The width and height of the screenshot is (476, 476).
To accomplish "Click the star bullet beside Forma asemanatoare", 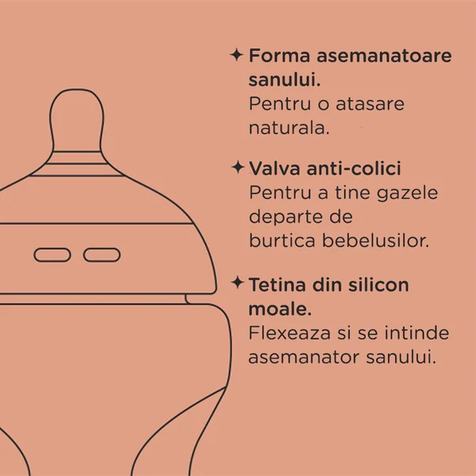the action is tap(236, 56).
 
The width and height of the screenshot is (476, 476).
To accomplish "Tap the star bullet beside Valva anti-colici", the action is tap(238, 167).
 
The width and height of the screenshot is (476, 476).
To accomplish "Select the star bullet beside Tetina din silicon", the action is tap(238, 282).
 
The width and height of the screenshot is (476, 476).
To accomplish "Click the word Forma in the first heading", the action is tap(279, 56).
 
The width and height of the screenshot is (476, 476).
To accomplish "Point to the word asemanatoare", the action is tap(384, 56).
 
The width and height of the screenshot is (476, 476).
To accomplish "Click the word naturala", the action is tap(289, 128).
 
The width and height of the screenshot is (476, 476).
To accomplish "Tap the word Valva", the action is tap(274, 168).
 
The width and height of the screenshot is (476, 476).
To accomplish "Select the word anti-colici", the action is tap(354, 168).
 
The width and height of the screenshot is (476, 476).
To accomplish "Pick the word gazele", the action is tap(408, 194).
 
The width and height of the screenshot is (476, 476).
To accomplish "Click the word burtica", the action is tap(282, 240).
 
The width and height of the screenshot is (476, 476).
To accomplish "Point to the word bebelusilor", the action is tap(375, 240).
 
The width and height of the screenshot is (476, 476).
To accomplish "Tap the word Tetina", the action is tap(277, 285).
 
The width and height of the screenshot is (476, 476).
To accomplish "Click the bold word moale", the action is tap(280, 309).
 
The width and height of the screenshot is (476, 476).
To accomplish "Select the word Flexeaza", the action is tap(290, 332).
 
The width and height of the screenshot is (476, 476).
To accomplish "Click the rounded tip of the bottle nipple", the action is tap(77, 90).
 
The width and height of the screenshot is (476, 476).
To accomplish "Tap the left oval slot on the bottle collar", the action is tap(52, 255).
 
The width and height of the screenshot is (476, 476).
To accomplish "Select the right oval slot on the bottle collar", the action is tap(102, 255).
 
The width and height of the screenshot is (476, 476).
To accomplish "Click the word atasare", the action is tap(370, 104).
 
